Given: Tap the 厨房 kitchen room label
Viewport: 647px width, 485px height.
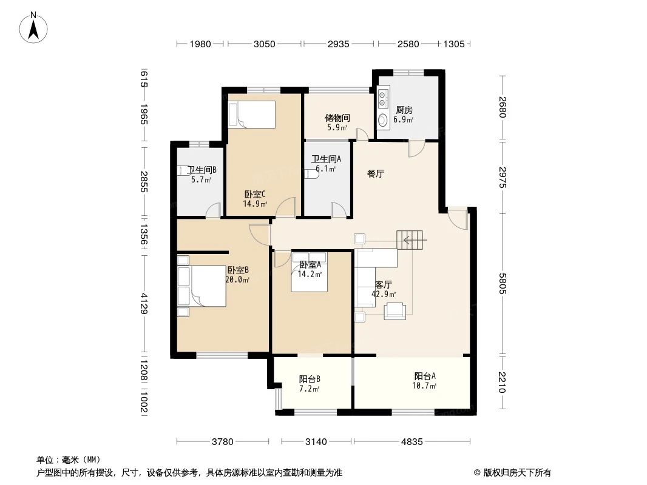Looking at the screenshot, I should (404, 110).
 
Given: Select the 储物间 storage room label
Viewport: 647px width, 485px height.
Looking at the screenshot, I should (337, 118).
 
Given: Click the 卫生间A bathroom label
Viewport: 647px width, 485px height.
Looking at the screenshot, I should (326, 159).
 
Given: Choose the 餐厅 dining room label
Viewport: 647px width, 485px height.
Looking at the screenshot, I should (376, 173).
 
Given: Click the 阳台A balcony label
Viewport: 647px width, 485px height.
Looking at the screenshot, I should (424, 375).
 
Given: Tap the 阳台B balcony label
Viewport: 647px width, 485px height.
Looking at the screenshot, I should (309, 379).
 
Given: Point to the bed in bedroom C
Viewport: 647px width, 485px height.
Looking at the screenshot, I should (251, 114).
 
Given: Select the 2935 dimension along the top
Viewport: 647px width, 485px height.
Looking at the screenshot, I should (339, 44).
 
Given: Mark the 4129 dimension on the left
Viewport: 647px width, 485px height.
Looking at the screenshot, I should (144, 304).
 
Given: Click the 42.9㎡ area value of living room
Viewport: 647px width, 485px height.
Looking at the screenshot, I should (384, 295).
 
